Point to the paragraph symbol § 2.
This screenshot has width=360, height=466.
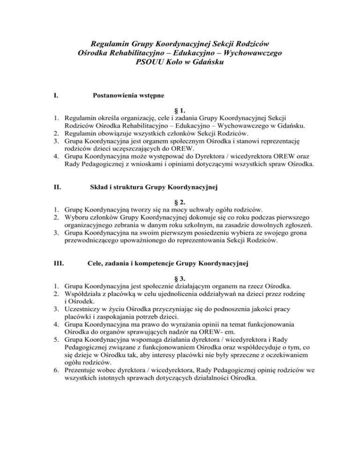point(180,203)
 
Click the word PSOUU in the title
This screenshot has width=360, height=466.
point(149,64)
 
